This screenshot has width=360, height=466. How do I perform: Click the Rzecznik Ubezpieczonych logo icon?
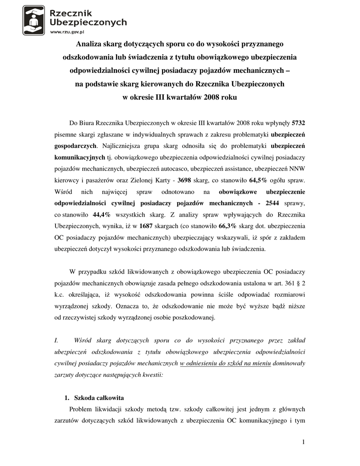tap(34, 20)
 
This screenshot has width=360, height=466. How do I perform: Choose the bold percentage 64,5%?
tap(258, 179)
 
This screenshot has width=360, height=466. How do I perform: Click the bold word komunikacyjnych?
tap(80, 157)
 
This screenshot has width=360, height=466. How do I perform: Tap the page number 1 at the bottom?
tap(303, 442)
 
